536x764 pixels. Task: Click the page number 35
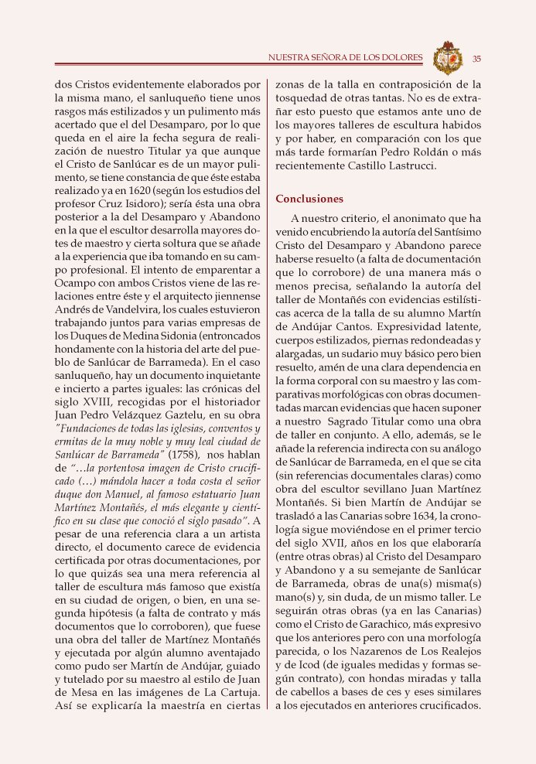(x=477, y=58)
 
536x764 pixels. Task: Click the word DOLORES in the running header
(x=404, y=58)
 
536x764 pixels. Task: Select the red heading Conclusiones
(x=309, y=199)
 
